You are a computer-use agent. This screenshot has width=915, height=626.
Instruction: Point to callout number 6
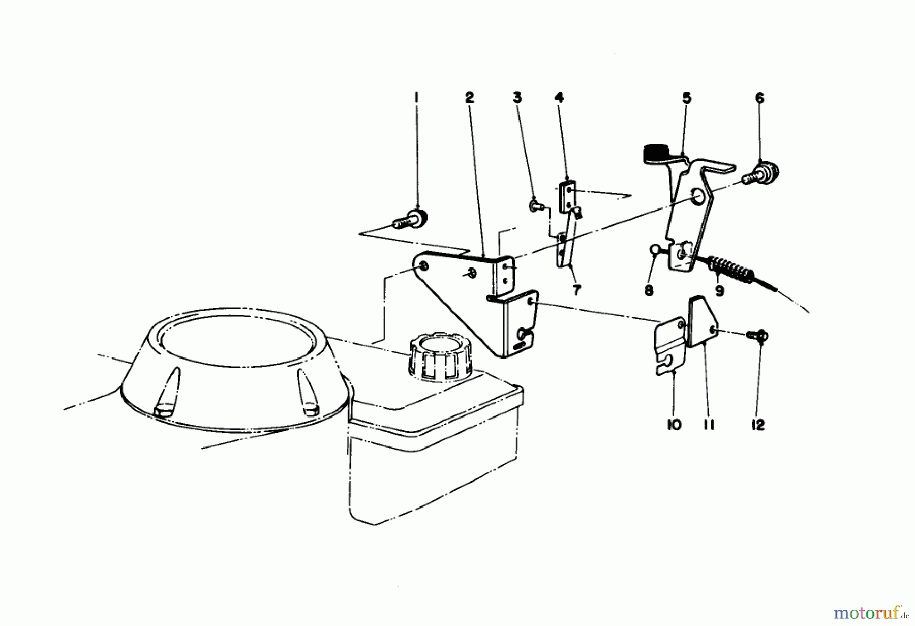click(x=759, y=98)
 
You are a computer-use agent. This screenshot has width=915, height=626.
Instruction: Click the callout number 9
click(x=719, y=291)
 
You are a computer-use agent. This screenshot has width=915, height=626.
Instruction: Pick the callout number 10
click(x=674, y=425)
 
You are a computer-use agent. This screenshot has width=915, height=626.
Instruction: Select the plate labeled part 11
click(x=703, y=321)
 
